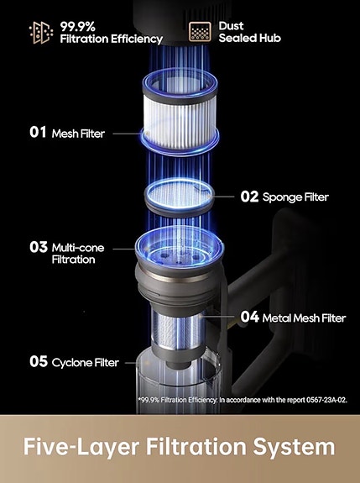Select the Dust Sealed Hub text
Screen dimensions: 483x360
pyautogui.click(x=250, y=32)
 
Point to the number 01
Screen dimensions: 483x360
pyautogui.click(x=38, y=133)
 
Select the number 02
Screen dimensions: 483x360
pyautogui.click(x=250, y=197)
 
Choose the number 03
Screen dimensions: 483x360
pyautogui.click(x=38, y=248)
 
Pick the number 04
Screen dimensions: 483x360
pyautogui.click(x=249, y=318)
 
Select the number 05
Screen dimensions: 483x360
pyautogui.click(x=38, y=362)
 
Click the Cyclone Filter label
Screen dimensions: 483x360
pyautogui.click(x=85, y=362)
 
